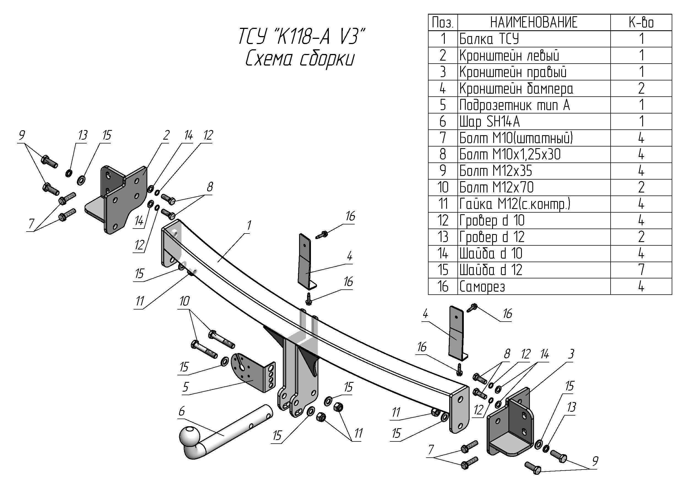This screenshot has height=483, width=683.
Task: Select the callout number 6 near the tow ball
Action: pos(182,411)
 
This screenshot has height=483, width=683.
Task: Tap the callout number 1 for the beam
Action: pos(249,226)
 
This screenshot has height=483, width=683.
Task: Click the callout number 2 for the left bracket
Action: pos(166,135)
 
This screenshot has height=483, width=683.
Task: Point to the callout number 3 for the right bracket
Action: pos(571,354)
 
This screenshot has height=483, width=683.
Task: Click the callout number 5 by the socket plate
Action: pos(186,387)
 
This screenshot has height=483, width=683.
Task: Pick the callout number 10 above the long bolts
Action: pos(185,301)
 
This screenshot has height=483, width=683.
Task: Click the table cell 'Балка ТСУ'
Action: pos(489,39)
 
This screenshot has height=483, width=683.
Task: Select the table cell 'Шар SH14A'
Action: pos(489,121)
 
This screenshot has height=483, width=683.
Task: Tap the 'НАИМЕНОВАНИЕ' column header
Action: pos(534,22)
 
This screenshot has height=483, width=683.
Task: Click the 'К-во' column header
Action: pos(641,22)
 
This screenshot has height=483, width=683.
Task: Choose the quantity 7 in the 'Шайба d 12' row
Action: pos(641,270)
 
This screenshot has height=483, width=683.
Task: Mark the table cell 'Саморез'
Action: pos(482,286)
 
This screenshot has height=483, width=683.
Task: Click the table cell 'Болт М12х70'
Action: pos(496,187)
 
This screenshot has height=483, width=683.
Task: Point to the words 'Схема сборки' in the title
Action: pos(300,59)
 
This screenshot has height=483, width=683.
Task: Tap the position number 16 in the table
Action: pos(443,286)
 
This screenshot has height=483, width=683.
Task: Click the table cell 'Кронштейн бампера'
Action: pos(516,88)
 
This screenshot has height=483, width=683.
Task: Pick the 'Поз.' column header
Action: pos(443,22)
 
